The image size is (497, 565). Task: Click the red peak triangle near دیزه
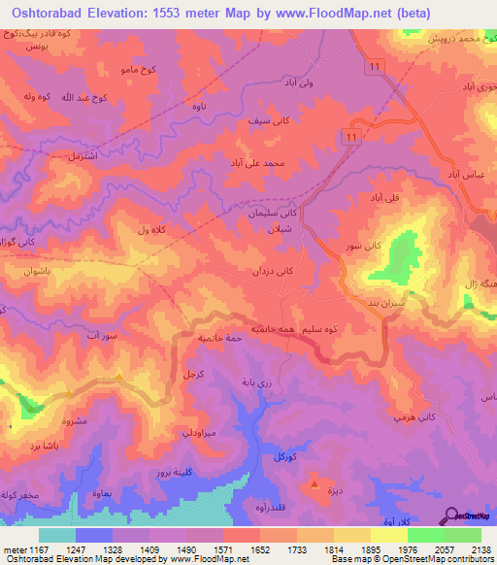314,482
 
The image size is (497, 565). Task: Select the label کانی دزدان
272,273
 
